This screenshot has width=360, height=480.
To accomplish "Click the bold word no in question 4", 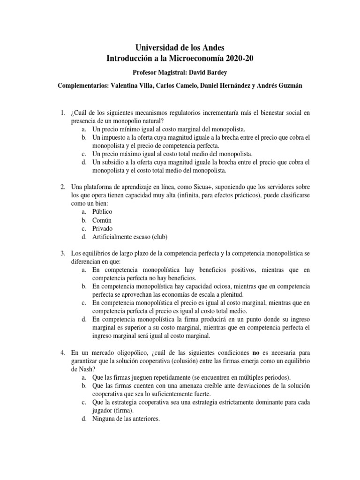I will point(256,352).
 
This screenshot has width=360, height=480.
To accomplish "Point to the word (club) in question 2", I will point(158,237).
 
